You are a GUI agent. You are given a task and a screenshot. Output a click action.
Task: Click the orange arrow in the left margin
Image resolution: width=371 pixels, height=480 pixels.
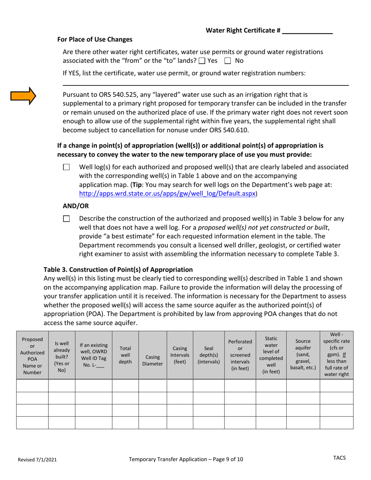[x=23, y=96]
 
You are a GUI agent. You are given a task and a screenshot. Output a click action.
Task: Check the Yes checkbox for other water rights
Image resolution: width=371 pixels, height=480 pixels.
[x=202, y=61]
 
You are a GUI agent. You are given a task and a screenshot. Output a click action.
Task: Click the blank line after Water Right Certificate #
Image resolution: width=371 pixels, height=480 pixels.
[x=307, y=30]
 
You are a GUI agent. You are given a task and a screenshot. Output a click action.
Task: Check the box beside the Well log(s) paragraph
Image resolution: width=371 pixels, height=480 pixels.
[x=66, y=167]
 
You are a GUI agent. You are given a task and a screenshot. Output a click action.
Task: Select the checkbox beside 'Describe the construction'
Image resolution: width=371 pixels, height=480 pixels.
[x=66, y=219]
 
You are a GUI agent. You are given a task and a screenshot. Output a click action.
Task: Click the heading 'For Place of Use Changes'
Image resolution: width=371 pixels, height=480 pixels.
[x=95, y=39]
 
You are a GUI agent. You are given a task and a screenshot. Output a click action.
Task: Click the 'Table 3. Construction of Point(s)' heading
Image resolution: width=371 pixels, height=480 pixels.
[x=118, y=270]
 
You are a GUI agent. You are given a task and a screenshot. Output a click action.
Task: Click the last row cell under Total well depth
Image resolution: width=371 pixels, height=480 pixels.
[x=125, y=423]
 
